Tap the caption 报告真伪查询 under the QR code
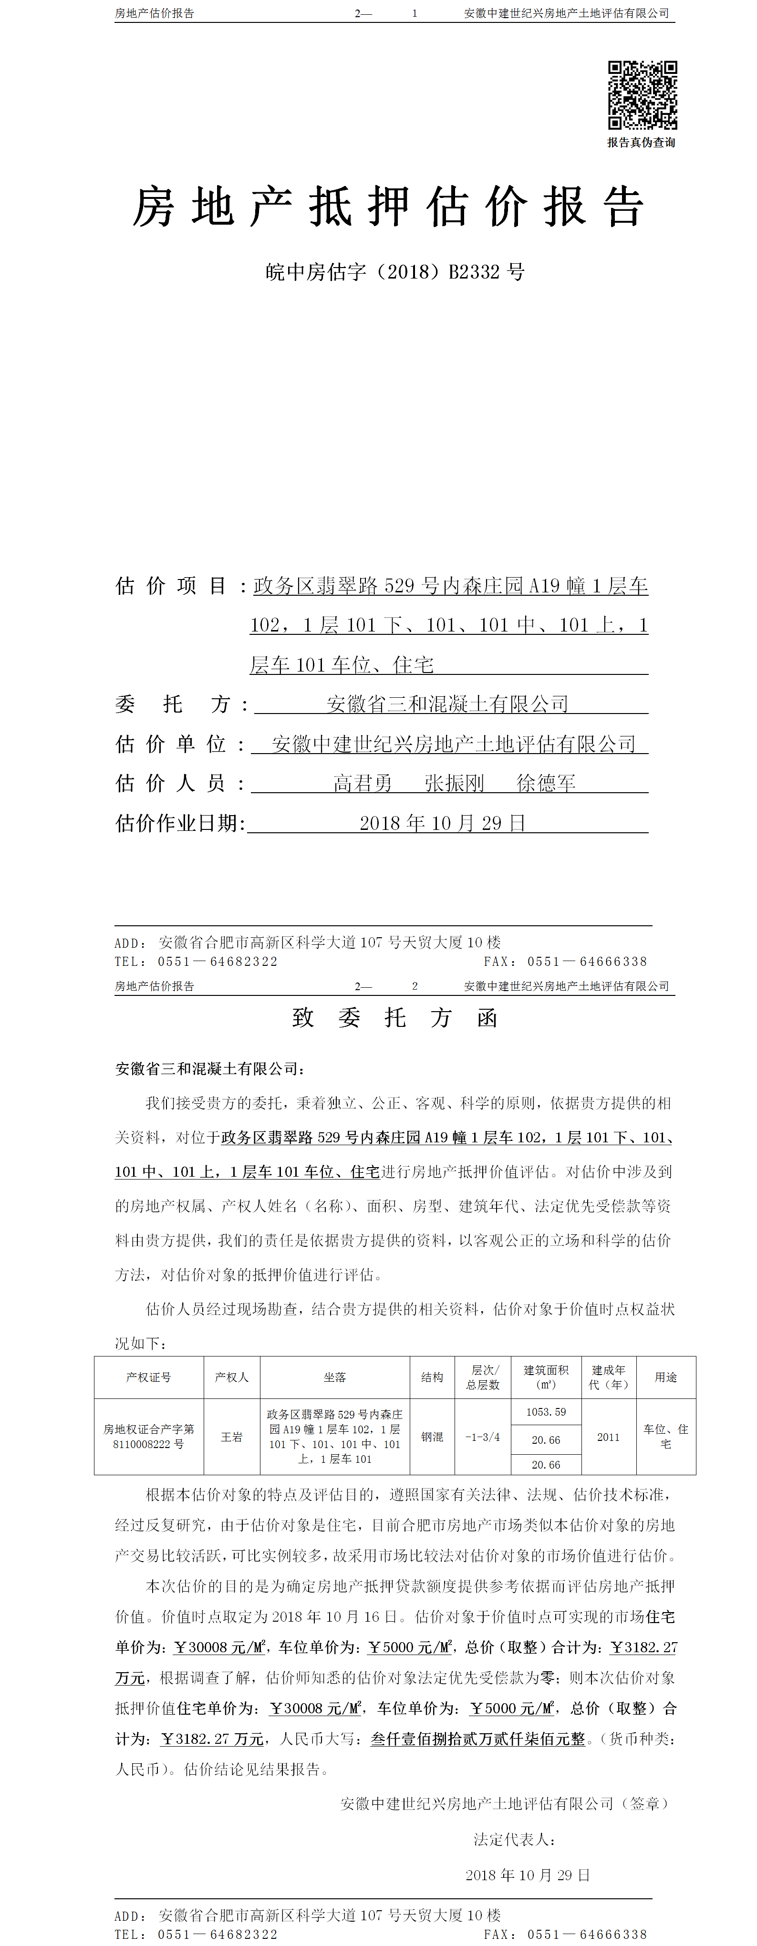pos(642,143)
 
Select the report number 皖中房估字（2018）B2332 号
pos(395,272)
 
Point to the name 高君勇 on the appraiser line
pos(363,783)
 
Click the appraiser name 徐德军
pos(546,783)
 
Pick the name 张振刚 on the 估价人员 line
pos(454,783)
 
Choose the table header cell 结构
pos(432,1377)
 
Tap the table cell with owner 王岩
pos(232,1437)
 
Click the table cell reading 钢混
pos(432,1437)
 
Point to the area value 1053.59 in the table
pos(546,1412)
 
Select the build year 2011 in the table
pos(608,1437)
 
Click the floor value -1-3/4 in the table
pos(483,1437)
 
